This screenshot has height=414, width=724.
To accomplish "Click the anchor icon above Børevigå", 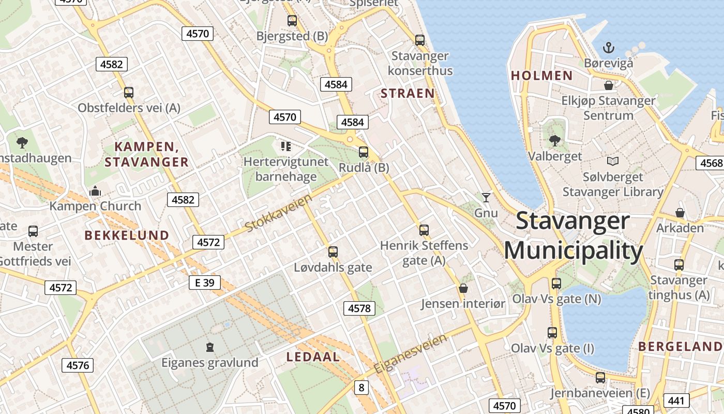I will [608, 48].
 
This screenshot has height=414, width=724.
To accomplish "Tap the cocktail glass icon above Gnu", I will [486, 197].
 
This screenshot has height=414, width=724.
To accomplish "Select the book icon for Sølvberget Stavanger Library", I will [613, 161].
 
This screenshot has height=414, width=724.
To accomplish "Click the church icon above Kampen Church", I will [95, 191].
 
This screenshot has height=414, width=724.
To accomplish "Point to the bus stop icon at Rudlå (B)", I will [364, 152].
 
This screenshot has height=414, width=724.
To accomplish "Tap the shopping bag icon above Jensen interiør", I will [463, 288].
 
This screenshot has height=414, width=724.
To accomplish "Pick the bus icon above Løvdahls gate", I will [333, 252].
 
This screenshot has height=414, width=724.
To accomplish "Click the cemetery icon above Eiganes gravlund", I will [209, 347].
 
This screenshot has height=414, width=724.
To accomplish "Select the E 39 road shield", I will [204, 283].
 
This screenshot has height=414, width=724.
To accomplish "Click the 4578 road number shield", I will [359, 308].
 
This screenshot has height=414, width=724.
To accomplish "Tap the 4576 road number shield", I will [78, 365].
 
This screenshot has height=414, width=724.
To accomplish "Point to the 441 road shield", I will [675, 400].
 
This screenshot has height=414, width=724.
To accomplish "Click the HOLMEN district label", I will [541, 76].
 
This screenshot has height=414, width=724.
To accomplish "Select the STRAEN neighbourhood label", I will [408, 93].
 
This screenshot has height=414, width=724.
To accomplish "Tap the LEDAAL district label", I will [313, 357].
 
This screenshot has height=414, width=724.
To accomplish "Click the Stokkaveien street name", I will [279, 213].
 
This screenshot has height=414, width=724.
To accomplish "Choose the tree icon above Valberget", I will [554, 140].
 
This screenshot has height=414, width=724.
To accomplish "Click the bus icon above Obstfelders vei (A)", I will [129, 93].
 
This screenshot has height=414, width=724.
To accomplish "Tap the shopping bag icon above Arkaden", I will [680, 213].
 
